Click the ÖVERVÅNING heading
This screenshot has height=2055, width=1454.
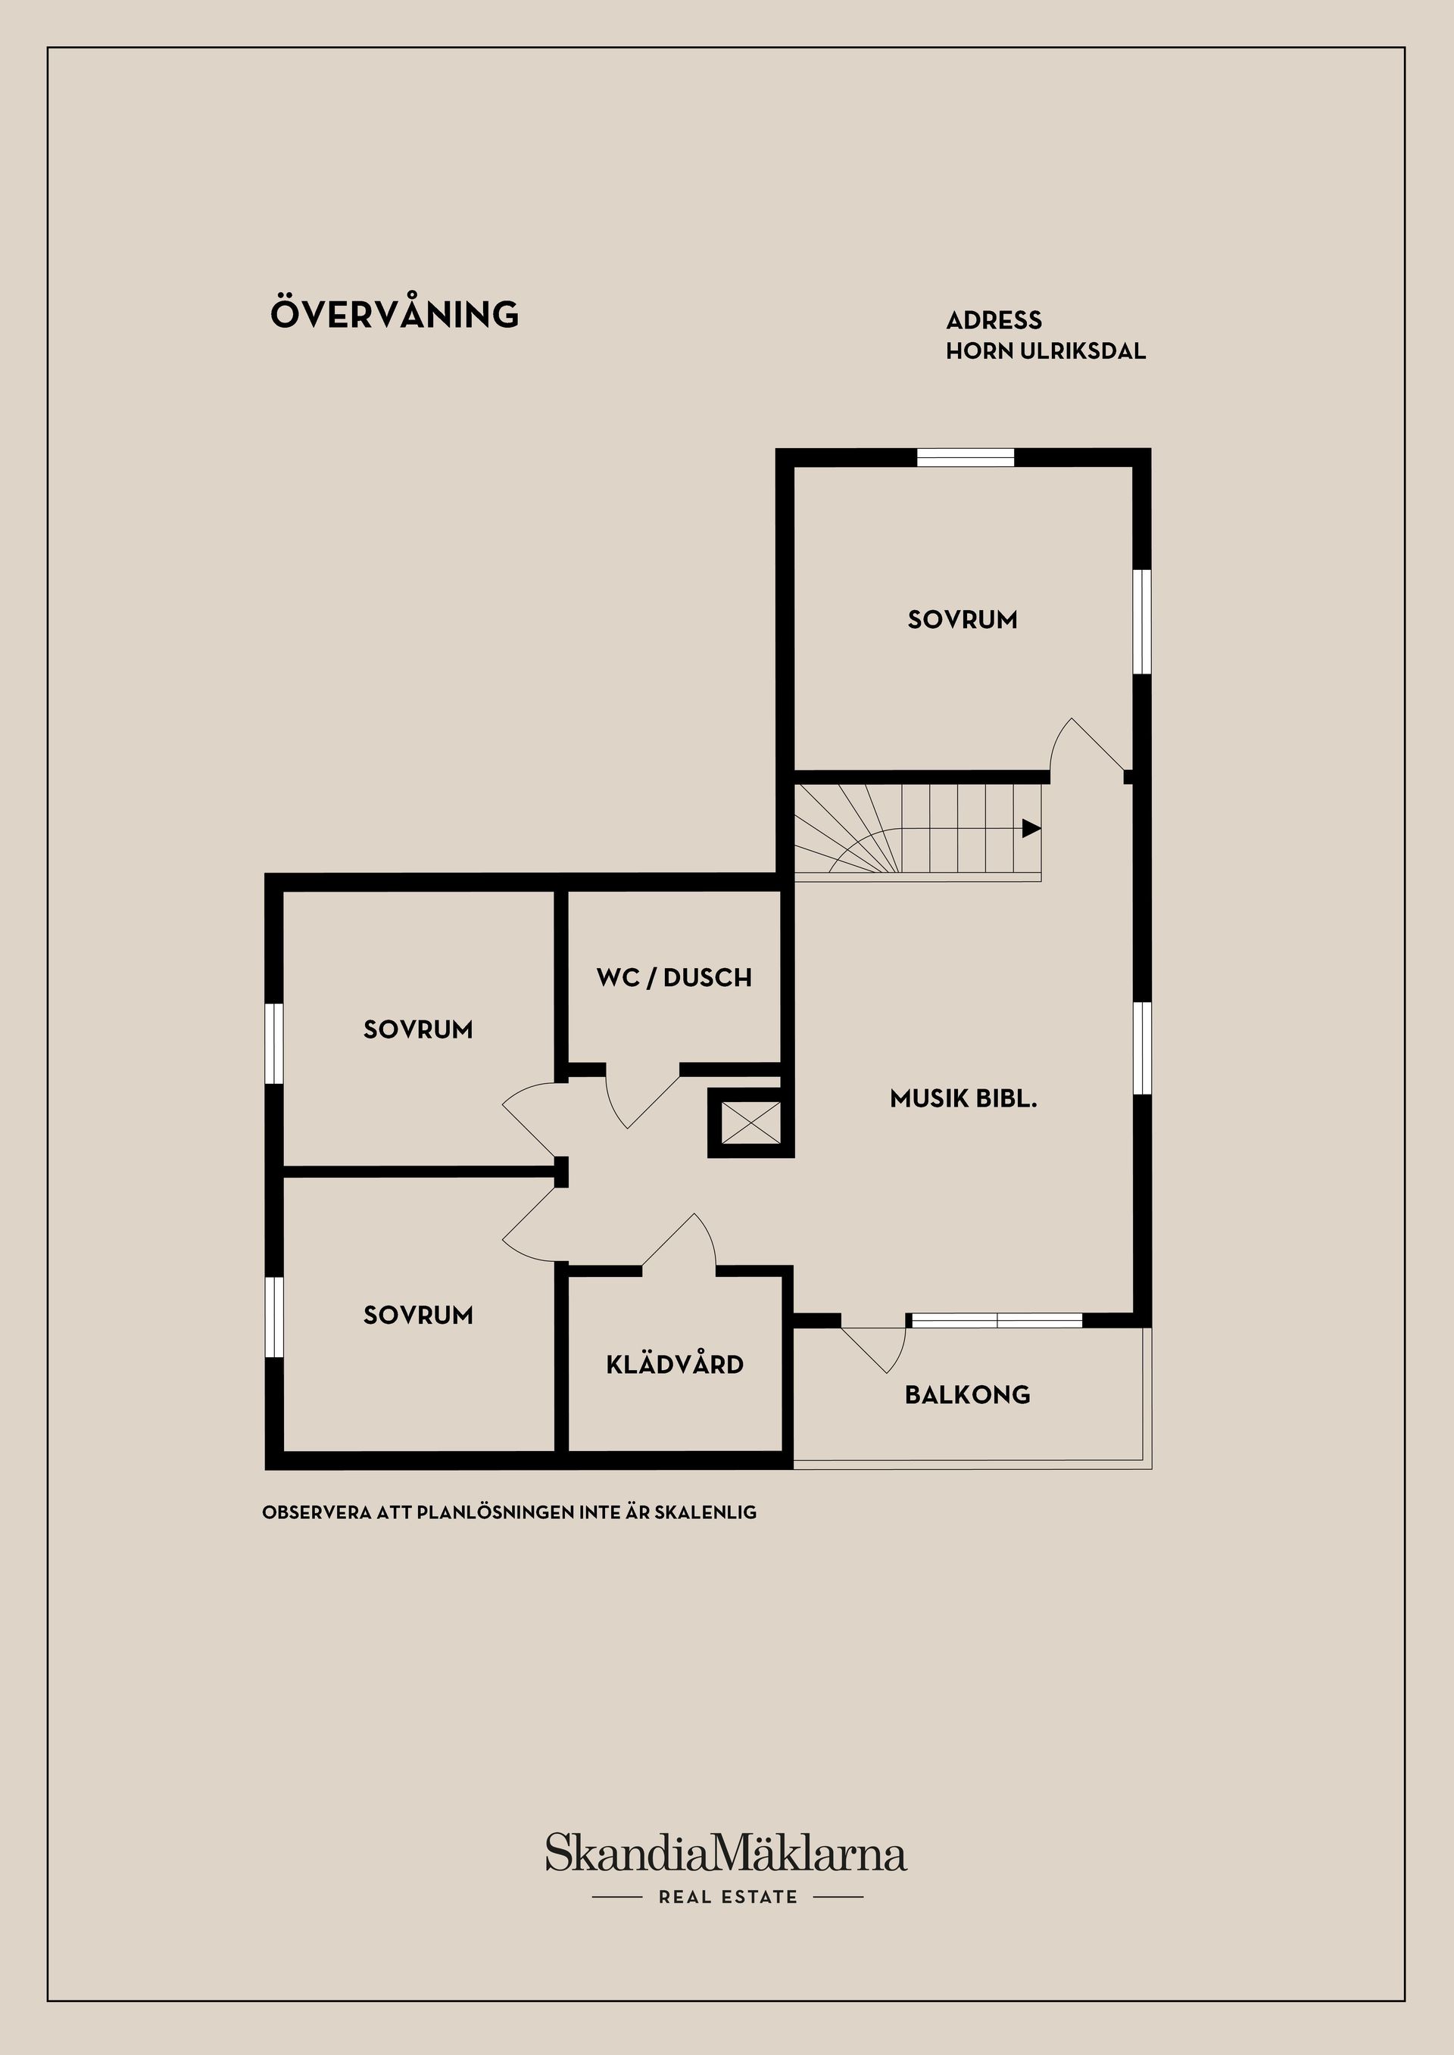[x=394, y=314]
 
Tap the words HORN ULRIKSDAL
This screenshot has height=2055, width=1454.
[x=1045, y=351]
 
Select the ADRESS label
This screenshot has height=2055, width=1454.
[x=994, y=320]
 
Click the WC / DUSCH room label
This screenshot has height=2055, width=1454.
[x=673, y=977]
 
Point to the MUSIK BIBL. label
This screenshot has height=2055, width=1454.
[x=963, y=1098]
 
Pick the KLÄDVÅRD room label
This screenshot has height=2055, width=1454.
[x=674, y=1364]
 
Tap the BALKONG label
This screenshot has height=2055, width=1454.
[x=967, y=1394]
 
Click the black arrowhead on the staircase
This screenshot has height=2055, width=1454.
[x=1031, y=829]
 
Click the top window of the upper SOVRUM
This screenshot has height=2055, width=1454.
[x=965, y=457]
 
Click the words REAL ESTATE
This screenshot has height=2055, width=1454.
[x=727, y=1897]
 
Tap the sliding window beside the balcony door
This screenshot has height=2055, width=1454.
[x=996, y=1320]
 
